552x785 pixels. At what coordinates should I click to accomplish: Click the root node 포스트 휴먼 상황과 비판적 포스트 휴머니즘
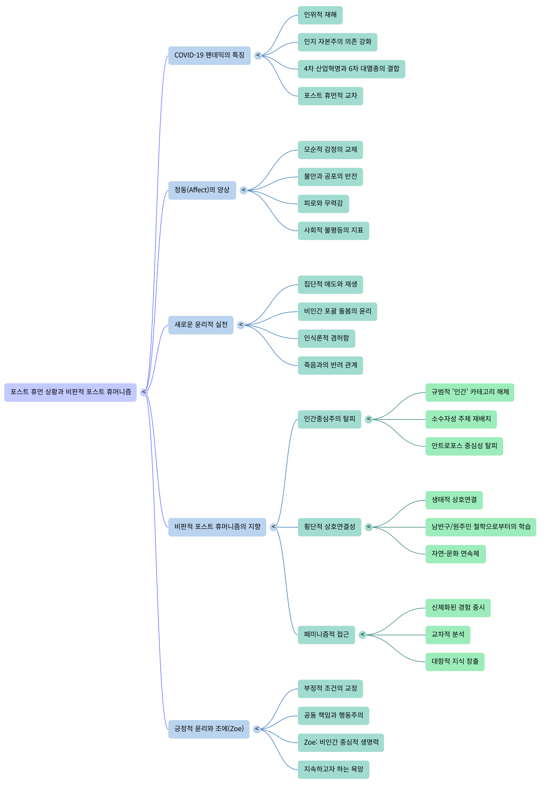71,392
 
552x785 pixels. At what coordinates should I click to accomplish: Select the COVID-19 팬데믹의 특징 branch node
209,55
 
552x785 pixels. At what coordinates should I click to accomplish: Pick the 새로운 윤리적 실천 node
201,325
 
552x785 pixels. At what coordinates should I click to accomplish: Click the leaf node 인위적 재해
320,15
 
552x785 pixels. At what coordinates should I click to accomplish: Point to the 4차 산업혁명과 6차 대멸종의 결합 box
351,69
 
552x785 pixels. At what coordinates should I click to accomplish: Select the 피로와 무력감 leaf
323,204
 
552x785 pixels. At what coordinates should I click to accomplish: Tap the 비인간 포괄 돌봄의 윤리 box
337,311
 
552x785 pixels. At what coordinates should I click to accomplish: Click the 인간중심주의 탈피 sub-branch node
329,419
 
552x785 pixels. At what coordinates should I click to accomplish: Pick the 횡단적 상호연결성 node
329,527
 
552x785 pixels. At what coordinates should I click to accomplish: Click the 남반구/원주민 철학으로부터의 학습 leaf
481,527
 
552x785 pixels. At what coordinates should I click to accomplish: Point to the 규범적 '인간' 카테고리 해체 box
470,392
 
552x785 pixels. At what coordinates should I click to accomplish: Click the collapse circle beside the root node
144,392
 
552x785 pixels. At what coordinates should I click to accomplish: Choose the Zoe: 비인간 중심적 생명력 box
341,743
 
